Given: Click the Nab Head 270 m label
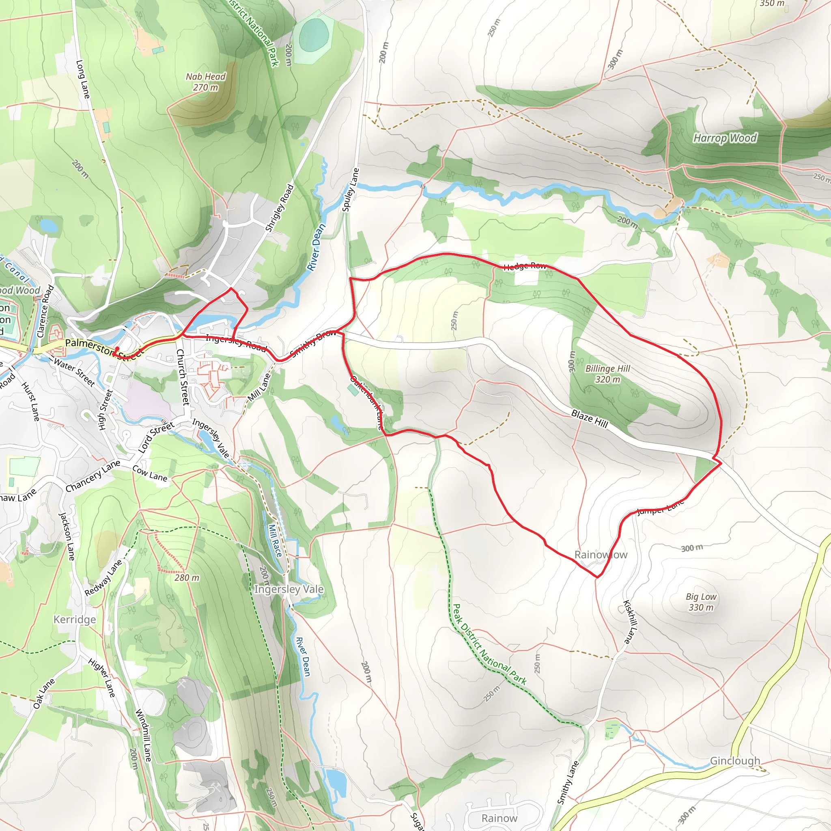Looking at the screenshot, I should pyautogui.click(x=206, y=82).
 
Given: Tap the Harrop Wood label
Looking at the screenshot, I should pyautogui.click(x=725, y=138).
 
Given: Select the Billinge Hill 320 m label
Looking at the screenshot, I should pyautogui.click(x=607, y=374).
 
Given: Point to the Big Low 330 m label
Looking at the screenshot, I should pyautogui.click(x=701, y=602).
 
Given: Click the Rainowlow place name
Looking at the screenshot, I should pyautogui.click(x=601, y=555).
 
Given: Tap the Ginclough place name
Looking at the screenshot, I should pyautogui.click(x=735, y=761).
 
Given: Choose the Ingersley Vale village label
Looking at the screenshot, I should pyautogui.click(x=288, y=589).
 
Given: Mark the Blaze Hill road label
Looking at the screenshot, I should pyautogui.click(x=589, y=418).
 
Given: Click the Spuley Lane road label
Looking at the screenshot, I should pyautogui.click(x=350, y=189).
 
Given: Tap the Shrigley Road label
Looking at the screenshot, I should pyautogui.click(x=280, y=208).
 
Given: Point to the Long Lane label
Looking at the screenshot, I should pyautogui.click(x=83, y=79).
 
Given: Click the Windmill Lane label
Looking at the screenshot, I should pyautogui.click(x=143, y=736).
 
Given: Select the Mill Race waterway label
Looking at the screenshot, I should pyautogui.click(x=275, y=540).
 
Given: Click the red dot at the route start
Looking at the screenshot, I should pyautogui.click(x=117, y=349).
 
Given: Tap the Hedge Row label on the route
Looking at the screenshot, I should pyautogui.click(x=524, y=266).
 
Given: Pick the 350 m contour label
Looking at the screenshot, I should pyautogui.click(x=772, y=3).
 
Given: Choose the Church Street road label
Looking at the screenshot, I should pyautogui.click(x=183, y=377).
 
